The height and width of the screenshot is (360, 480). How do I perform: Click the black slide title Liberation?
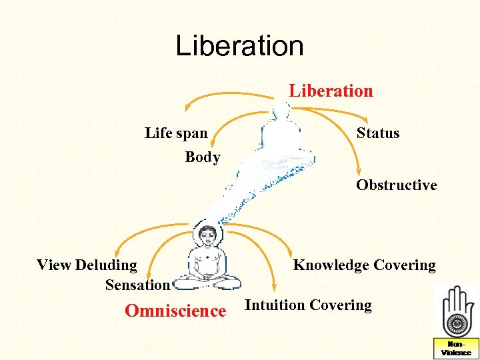pos(239,46)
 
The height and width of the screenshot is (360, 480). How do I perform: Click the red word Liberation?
pos(331,91)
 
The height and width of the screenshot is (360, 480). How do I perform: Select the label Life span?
pos(176,133)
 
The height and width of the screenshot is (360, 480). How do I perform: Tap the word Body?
pos(203,157)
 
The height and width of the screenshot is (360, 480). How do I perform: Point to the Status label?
pos(378,133)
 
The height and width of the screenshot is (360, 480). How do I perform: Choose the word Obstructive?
pos(396,185)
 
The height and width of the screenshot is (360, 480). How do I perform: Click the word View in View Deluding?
pos(53,265)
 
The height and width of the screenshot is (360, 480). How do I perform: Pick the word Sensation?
pos(137,285)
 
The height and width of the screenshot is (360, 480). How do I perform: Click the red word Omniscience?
pos(175,311)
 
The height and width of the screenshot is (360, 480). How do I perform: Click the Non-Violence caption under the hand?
pos(456,348)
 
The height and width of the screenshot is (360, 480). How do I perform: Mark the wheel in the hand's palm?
pos(457,323)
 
